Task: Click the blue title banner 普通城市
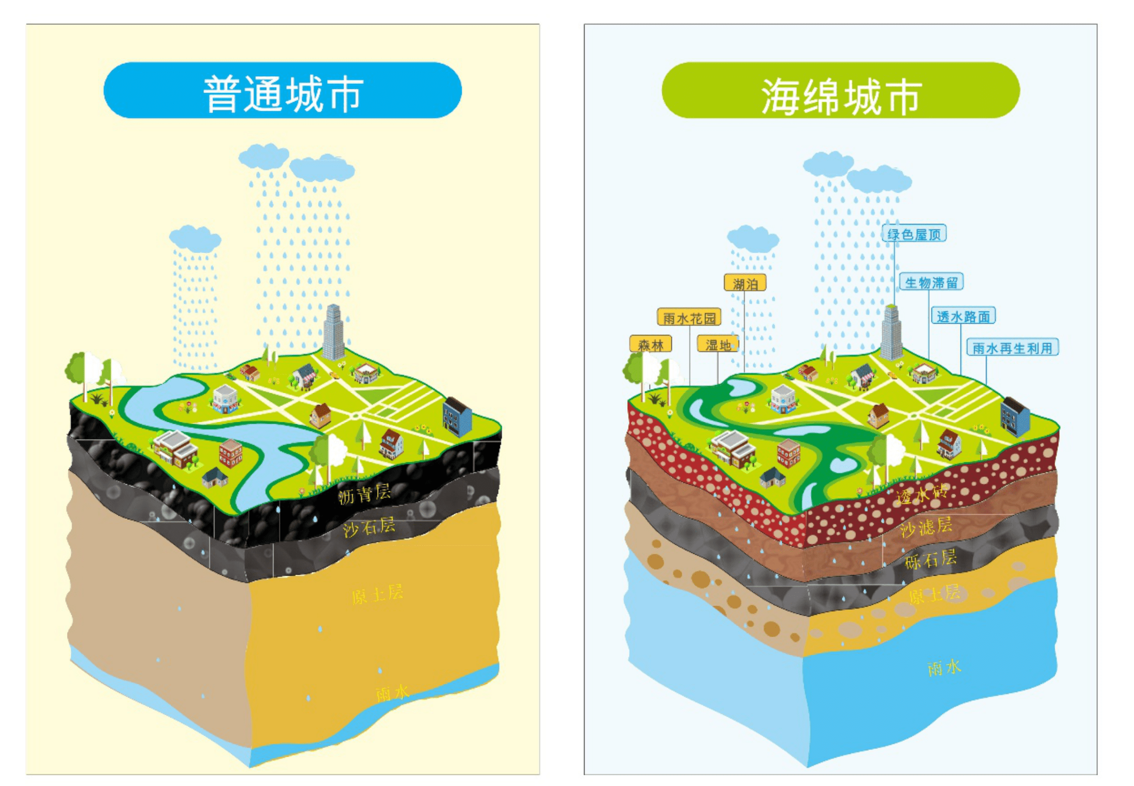coord(282,90)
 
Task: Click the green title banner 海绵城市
coord(840,90)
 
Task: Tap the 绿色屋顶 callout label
coord(913,234)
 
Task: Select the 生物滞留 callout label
coord(931,282)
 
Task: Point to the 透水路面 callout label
coord(963,316)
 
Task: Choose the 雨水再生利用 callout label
coord(1012,348)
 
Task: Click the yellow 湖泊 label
coord(745,284)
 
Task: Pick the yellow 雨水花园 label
coord(689,318)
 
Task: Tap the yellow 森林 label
coord(650,344)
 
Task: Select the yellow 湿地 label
coord(717,344)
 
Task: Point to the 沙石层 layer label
coord(369,527)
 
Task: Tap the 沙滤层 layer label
coord(926,527)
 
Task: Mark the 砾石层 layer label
coord(930,559)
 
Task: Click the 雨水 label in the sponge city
coord(944,667)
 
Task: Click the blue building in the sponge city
coord(1015,417)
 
